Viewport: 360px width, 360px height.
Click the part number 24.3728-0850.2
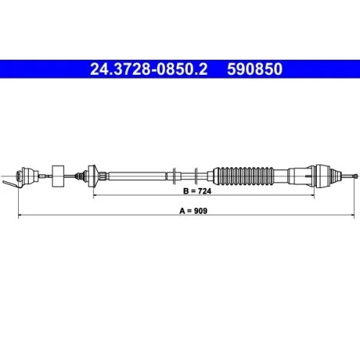(149, 69)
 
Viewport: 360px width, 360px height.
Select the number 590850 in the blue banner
(255, 69)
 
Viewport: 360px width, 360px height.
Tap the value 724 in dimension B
(204, 191)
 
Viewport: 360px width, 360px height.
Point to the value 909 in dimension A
(200, 211)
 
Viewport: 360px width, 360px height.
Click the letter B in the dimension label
(186, 191)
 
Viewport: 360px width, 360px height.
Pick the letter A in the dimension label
(182, 211)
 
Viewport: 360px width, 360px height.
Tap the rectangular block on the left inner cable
(58, 176)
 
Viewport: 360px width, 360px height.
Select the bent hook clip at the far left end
(11, 184)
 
